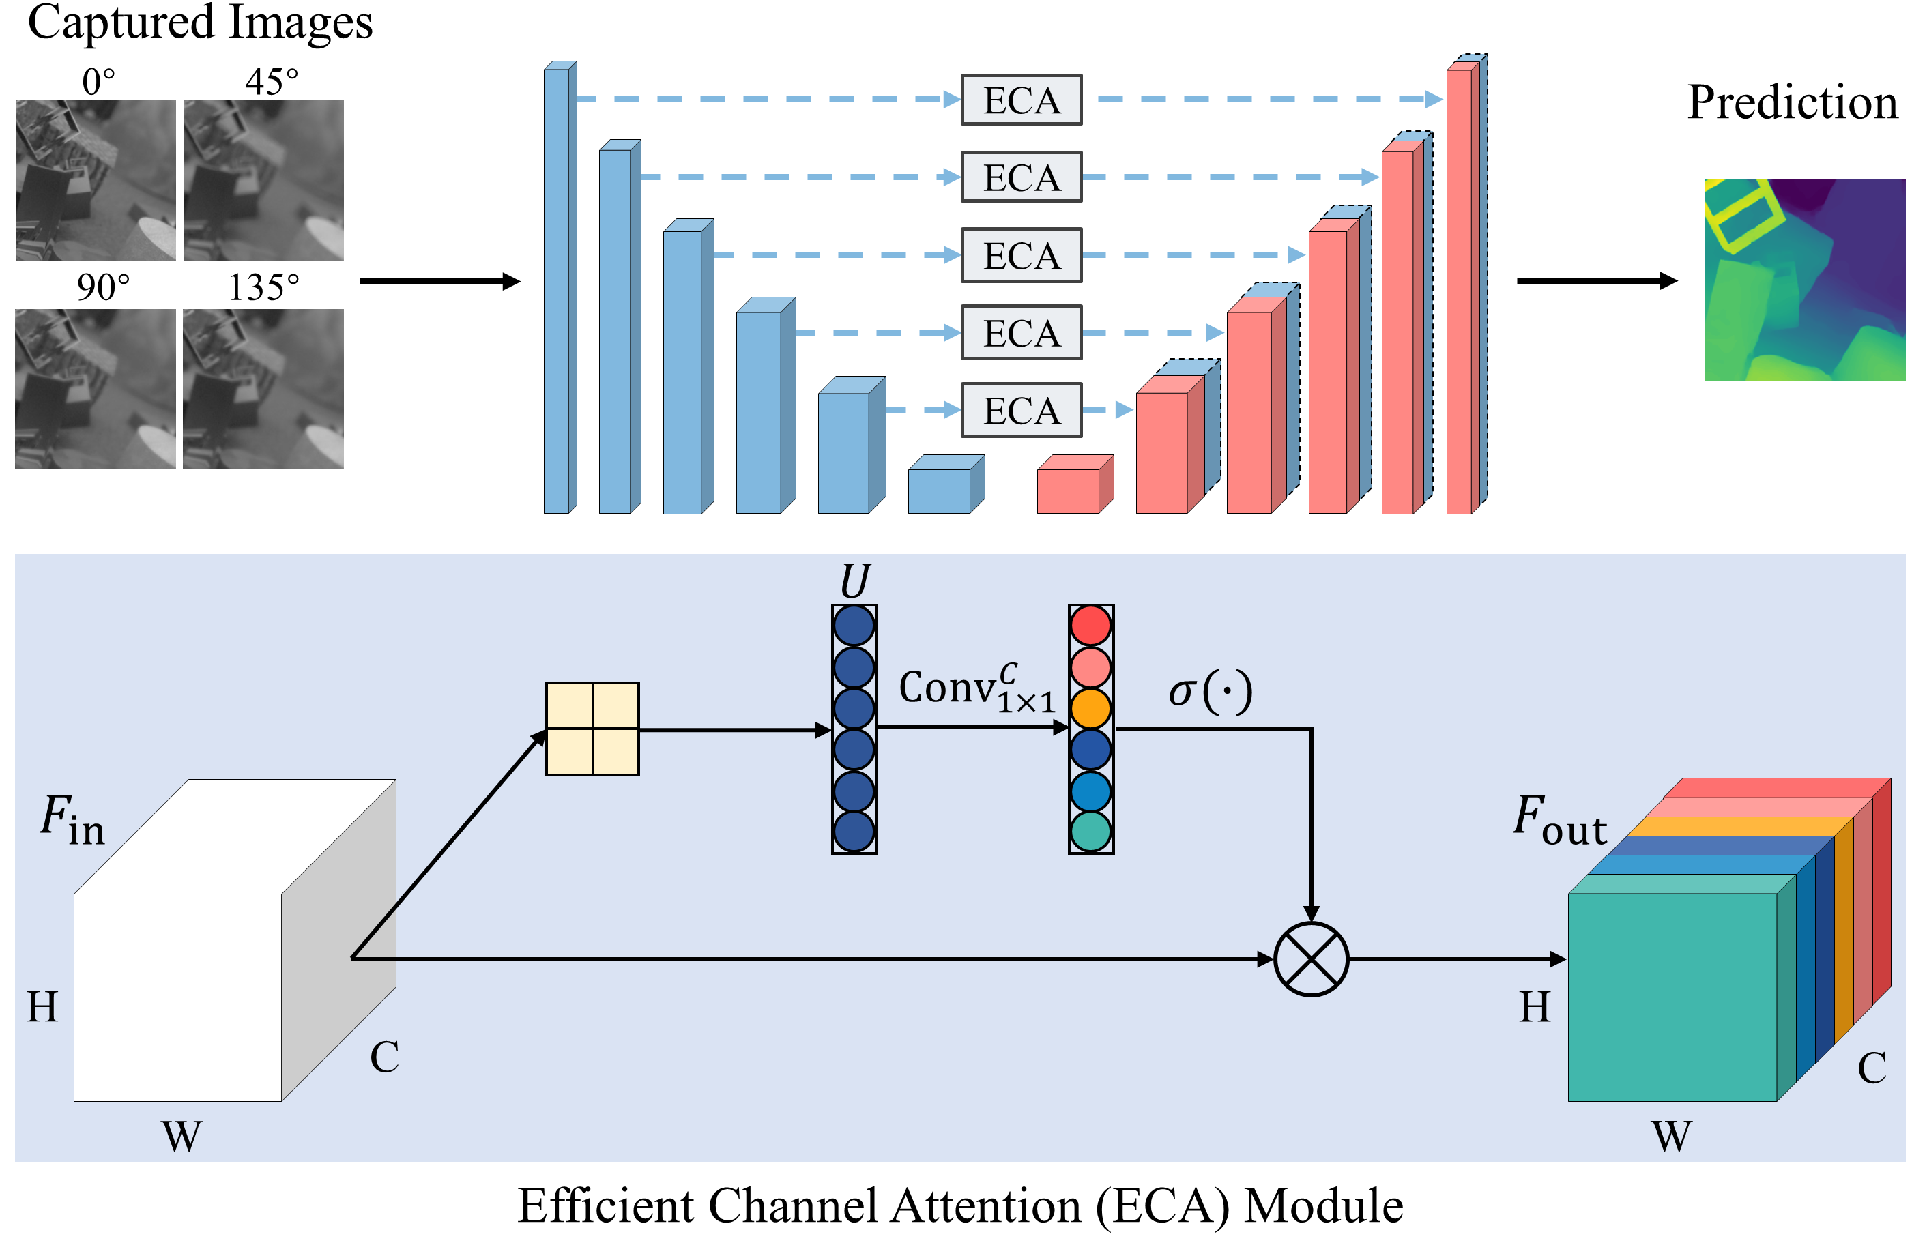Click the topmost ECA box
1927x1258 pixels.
(1021, 100)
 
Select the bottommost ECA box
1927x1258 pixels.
(1021, 411)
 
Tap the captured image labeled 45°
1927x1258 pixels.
(263, 181)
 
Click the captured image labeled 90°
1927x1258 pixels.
(96, 389)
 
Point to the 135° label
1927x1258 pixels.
(263, 287)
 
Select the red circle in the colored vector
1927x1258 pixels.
(1090, 625)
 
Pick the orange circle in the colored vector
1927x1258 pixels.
(1090, 708)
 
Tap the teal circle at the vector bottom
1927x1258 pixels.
(1090, 832)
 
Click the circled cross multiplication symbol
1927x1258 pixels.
(1311, 959)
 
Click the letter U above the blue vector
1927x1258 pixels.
(854, 581)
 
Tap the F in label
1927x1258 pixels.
(73, 819)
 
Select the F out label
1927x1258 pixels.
(1559, 819)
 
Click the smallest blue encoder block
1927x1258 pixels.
(944, 486)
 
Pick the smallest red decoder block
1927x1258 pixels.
(1073, 486)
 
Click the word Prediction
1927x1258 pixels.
(1792, 103)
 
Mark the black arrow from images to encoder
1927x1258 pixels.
(439, 281)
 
